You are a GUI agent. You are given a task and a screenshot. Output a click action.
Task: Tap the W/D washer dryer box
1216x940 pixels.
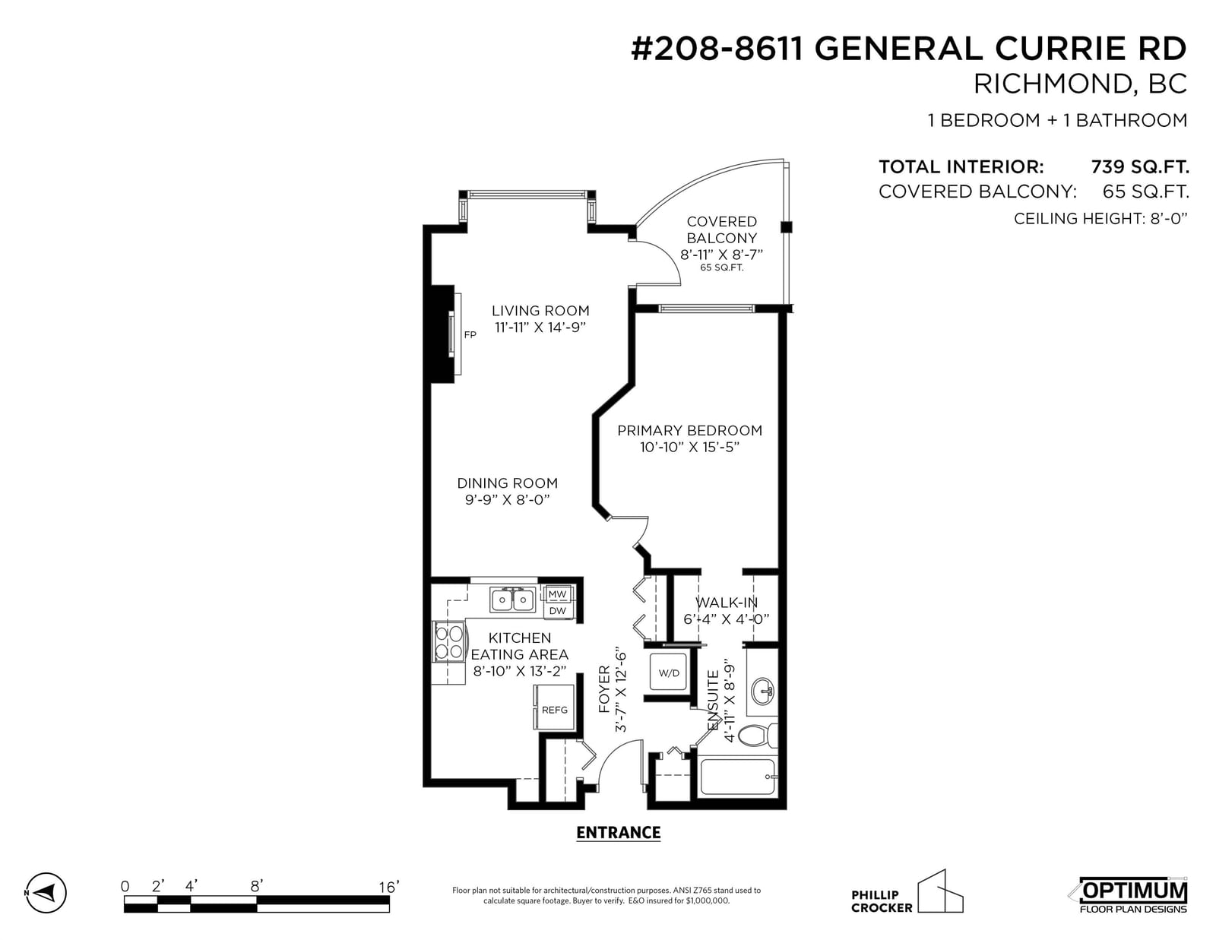[668, 672]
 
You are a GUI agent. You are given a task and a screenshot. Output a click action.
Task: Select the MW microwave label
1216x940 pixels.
[557, 594]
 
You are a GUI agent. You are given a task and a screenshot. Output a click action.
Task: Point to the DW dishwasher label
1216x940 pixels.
[557, 611]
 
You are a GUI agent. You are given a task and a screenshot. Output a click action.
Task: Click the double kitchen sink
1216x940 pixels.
[511, 600]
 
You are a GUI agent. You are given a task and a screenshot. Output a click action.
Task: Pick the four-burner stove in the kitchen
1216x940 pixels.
[449, 642]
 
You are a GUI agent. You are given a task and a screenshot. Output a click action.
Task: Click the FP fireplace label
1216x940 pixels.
[470, 334]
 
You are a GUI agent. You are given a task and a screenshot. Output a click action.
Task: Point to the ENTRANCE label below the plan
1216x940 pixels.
[619, 833]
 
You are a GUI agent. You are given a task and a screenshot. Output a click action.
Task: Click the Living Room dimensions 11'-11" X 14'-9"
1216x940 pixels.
[540, 327]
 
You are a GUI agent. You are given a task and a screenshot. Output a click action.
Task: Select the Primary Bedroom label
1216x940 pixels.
[689, 430]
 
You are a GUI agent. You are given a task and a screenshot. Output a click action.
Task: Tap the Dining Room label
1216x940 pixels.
[507, 483]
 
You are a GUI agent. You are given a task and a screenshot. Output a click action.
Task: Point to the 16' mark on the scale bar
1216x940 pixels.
[388, 887]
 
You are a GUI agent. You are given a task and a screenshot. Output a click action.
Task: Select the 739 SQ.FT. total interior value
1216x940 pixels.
[1140, 166]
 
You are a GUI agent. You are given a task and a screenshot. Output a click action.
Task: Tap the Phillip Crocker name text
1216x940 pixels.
[882, 901]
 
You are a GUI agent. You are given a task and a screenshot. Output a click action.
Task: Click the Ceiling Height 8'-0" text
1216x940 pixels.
[1100, 218]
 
